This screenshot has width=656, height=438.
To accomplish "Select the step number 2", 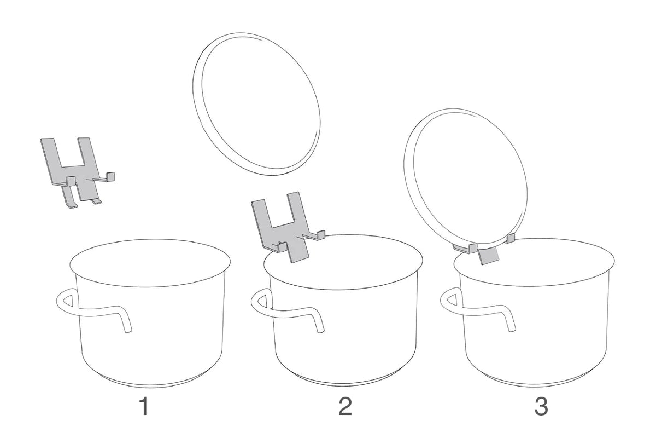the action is pyautogui.click(x=345, y=406).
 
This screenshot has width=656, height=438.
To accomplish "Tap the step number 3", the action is pyautogui.click(x=541, y=406).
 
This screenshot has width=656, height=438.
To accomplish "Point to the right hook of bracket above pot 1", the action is pyautogui.click(x=110, y=177).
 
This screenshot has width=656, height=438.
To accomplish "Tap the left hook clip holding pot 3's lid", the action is pyautogui.click(x=466, y=248).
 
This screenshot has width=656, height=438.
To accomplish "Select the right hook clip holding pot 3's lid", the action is pyautogui.click(x=511, y=238).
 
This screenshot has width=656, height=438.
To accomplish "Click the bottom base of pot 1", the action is pyautogui.click(x=149, y=382).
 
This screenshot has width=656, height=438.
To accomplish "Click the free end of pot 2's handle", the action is pyautogui.click(x=321, y=330).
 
